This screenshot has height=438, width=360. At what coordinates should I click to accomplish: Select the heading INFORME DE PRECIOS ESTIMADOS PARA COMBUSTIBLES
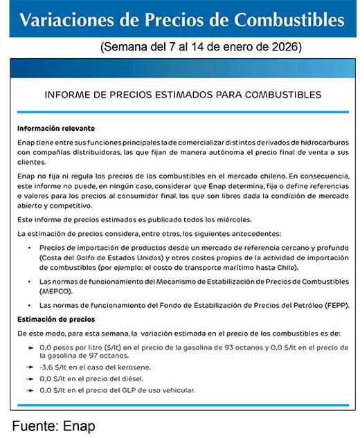[182, 93]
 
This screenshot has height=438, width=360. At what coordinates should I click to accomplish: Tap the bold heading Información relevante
[56, 129]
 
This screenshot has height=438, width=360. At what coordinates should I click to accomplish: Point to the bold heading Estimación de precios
[56, 319]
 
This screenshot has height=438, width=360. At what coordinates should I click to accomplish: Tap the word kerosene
[134, 367]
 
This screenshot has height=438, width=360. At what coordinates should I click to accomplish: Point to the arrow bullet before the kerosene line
[30, 367]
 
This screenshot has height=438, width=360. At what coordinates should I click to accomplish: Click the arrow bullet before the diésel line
[30, 378]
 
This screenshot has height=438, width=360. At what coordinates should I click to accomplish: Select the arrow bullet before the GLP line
[30, 390]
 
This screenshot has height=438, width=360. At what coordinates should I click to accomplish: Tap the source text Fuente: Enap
[53, 426]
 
